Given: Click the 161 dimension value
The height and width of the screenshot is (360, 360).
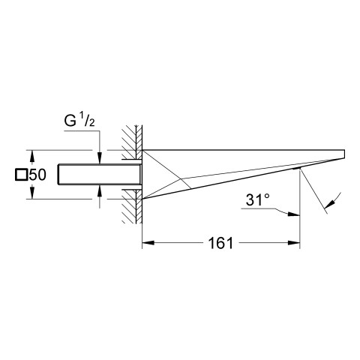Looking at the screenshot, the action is pyautogui.click(x=220, y=243).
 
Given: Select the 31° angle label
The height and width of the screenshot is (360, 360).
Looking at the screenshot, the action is pyautogui.click(x=258, y=199).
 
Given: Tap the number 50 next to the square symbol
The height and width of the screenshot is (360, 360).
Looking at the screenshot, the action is pyautogui.click(x=37, y=175).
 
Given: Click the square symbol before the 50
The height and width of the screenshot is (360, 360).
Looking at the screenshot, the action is pyautogui.click(x=21, y=175).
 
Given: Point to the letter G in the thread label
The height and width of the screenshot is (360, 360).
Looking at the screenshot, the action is pyautogui.click(x=70, y=121).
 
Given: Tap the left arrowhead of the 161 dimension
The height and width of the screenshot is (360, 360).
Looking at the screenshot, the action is pyautogui.click(x=148, y=242).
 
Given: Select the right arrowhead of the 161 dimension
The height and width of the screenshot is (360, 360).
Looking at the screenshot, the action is pyautogui.click(x=294, y=242).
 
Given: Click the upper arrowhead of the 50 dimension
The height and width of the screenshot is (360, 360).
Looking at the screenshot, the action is pyautogui.click(x=31, y=156).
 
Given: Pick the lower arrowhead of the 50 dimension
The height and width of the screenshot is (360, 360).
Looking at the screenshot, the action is pyautogui.click(x=31, y=193).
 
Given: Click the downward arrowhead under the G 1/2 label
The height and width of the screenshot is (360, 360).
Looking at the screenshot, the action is pyautogui.click(x=100, y=158).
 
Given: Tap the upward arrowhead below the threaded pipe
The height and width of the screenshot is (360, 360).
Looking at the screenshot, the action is pyautogui.click(x=100, y=191).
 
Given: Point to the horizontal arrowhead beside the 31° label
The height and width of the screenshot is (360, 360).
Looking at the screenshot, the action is pyautogui.click(x=294, y=214).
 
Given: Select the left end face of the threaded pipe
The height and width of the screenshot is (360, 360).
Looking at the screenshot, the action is pyautogui.click(x=58, y=175).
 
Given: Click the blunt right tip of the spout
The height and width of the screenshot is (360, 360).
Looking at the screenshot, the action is pyautogui.click(x=345, y=154).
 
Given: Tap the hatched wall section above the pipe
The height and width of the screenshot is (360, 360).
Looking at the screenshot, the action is pyautogui.click(x=132, y=142).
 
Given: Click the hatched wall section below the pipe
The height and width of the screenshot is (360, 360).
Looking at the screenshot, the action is pyautogui.click(x=132, y=206).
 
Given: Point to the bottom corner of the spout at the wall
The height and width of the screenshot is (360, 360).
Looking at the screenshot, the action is pyautogui.click(x=142, y=199).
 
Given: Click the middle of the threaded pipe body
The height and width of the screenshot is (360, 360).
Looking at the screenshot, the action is pyautogui.click(x=100, y=175).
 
